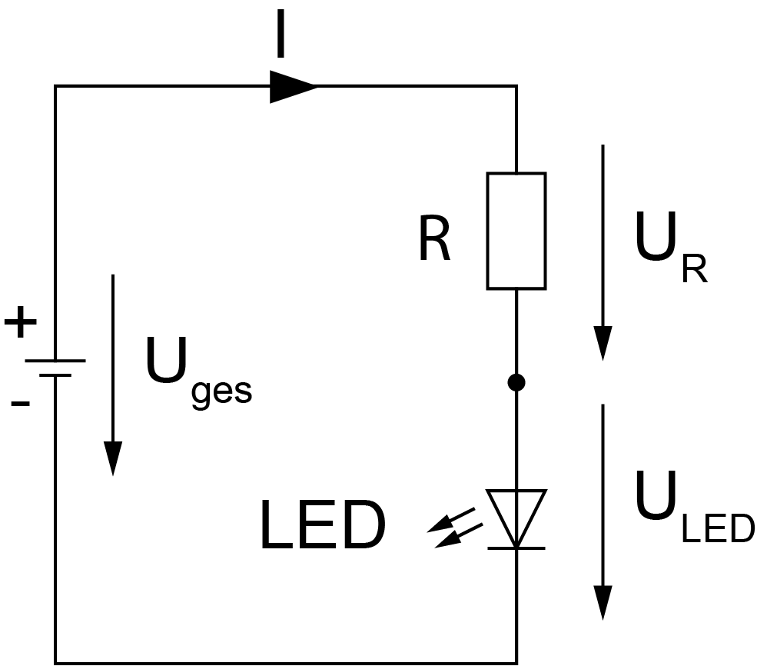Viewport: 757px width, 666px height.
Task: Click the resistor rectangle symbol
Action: click(516, 231)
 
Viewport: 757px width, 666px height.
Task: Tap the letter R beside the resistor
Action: click(434, 241)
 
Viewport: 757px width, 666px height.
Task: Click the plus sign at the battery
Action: click(21, 323)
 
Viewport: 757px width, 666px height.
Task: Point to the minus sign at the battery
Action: click(21, 402)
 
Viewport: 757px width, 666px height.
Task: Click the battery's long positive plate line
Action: click(55, 361)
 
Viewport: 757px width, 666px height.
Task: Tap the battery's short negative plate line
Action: click(55, 375)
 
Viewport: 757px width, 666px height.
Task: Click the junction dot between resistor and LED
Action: click(516, 382)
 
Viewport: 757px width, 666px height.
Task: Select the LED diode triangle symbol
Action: click(516, 514)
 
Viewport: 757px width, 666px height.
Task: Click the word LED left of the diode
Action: click(322, 527)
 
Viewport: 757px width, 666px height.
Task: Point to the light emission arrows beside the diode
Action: click(457, 531)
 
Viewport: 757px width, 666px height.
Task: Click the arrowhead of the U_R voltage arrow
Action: click(603, 343)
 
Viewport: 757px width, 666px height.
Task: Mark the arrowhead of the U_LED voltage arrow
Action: click(603, 601)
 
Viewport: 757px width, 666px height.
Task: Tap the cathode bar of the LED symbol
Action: click(516, 548)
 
